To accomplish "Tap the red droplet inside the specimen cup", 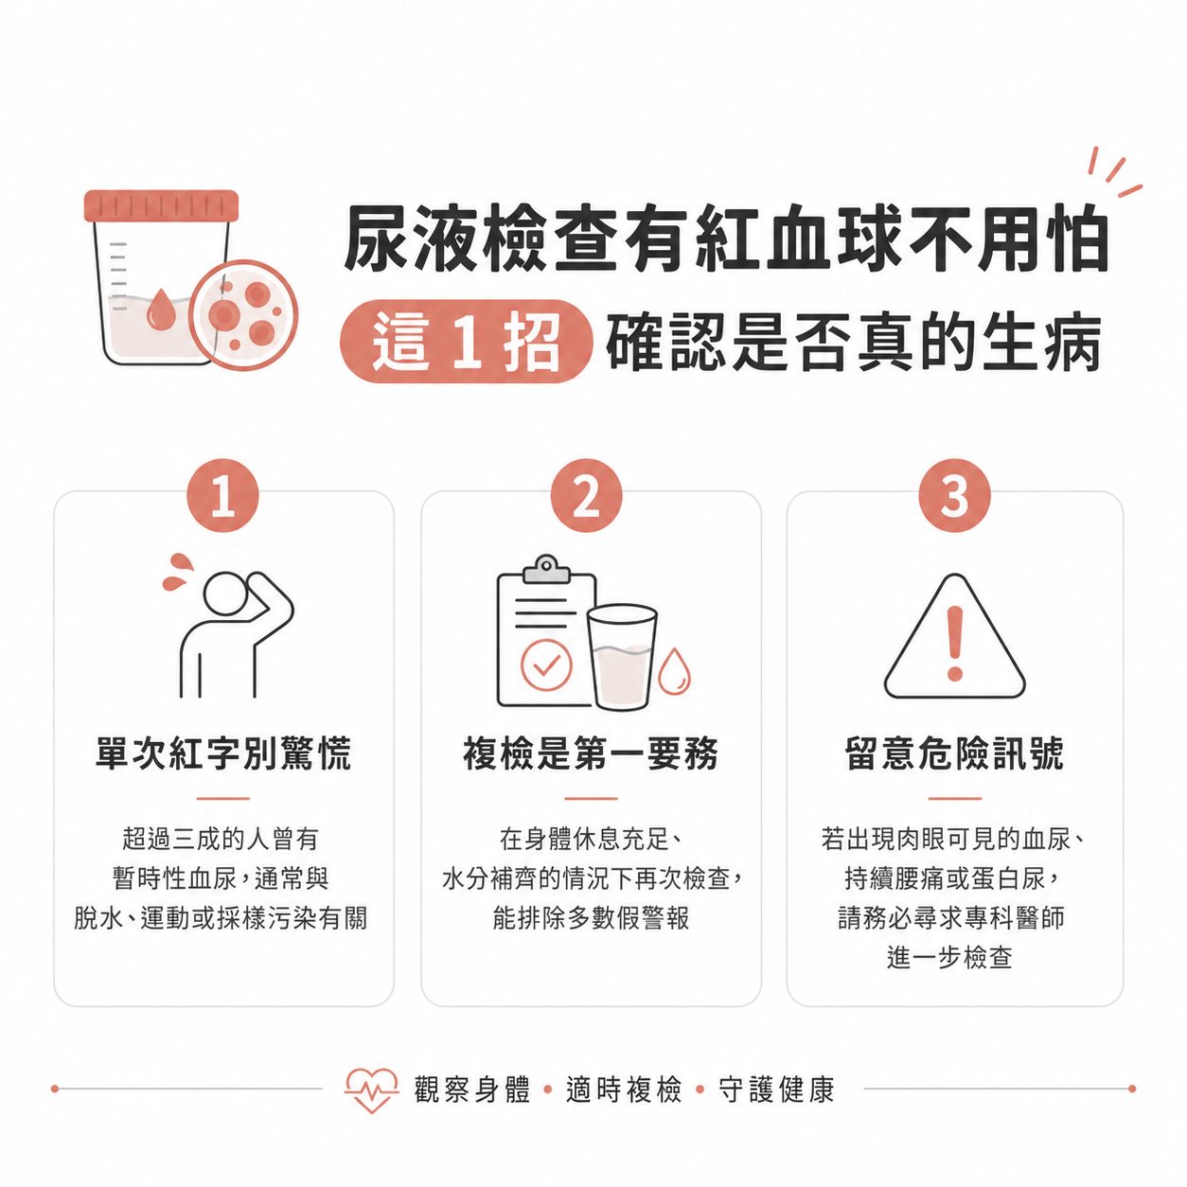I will [161, 310].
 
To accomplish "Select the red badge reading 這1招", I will [465, 342].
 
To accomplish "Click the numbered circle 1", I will [222, 496].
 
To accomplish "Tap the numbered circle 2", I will [587, 496].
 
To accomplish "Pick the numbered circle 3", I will [954, 496].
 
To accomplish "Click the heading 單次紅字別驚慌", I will [223, 754].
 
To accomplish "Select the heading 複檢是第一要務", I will [591, 754].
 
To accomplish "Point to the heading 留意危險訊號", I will [954, 754].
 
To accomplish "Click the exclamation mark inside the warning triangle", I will [955, 643].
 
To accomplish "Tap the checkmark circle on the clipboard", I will [546, 664].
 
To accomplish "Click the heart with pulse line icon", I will [371, 1090].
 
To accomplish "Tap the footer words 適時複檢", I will [624, 1090].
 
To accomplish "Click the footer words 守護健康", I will [776, 1090].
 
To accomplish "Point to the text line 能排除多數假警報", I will [591, 918].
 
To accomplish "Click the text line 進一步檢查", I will [950, 958].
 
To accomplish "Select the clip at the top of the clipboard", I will [546, 569].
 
